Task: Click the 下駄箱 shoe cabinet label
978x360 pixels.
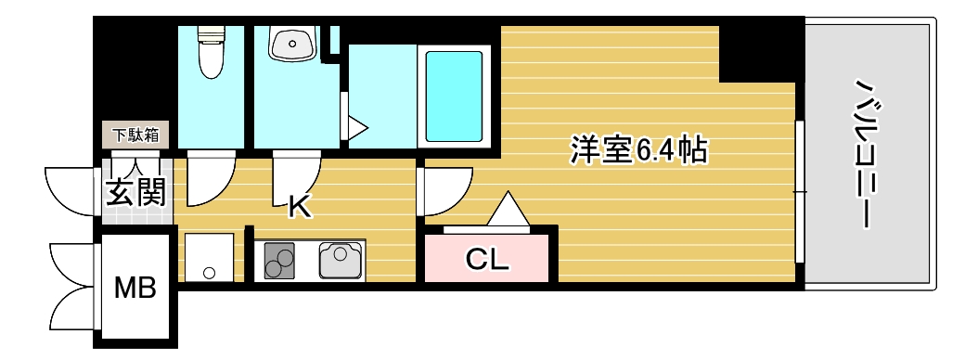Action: tap(136, 135)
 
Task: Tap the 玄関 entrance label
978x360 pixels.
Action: tap(135, 193)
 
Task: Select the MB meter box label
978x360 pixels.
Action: tap(135, 288)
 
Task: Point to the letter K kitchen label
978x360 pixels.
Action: tap(298, 206)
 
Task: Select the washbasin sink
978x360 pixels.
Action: tap(292, 43)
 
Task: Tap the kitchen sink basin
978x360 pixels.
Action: tap(341, 259)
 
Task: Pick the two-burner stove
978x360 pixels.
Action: tap(278, 260)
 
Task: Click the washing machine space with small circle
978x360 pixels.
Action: tap(209, 257)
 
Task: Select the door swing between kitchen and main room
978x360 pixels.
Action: tap(443, 193)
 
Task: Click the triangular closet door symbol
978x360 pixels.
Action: tap(507, 209)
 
